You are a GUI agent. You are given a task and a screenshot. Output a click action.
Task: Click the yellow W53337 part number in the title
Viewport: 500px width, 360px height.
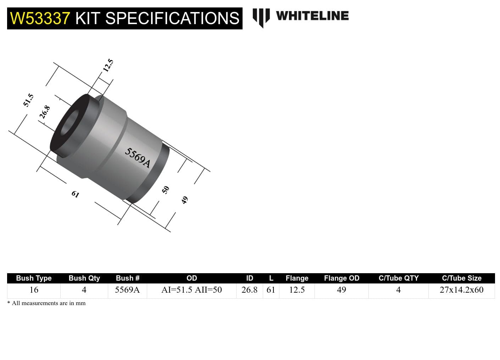pyautogui.click(x=40, y=18)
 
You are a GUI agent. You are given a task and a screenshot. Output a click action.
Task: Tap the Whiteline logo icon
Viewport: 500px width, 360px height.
pyautogui.click(x=261, y=17)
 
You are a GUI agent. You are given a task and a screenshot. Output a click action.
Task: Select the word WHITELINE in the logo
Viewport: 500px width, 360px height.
pyautogui.click(x=312, y=16)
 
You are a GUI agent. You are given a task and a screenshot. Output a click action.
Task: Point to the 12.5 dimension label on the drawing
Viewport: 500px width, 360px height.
pyautogui.click(x=108, y=65)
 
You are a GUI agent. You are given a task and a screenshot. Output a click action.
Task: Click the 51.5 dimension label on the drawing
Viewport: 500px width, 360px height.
pyautogui.click(x=28, y=100)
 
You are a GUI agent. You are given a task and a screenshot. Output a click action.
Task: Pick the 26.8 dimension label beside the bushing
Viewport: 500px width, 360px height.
pyautogui.click(x=45, y=112)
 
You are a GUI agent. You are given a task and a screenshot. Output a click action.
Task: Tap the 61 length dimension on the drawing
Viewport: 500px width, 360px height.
pyautogui.click(x=75, y=194)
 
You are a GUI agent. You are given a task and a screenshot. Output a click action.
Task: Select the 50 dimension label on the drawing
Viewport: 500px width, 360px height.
pyautogui.click(x=166, y=190)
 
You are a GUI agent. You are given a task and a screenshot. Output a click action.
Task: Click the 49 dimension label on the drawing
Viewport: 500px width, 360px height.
pyautogui.click(x=184, y=200)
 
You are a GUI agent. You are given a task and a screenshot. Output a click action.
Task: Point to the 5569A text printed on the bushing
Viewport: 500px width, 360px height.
pyautogui.click(x=138, y=158)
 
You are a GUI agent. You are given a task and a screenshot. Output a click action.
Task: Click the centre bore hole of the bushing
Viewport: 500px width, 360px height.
pyautogui.click(x=70, y=123)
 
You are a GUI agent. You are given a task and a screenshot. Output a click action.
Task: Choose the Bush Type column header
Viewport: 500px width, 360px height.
pyautogui.click(x=34, y=278)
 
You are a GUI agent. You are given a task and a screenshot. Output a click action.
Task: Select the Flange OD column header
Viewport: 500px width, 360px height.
pyautogui.click(x=341, y=278)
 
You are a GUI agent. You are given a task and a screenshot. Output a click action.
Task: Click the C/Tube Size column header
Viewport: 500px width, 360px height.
pyautogui.click(x=461, y=278)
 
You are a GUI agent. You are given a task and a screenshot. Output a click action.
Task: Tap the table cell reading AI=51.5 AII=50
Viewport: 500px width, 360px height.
pyautogui.click(x=191, y=290)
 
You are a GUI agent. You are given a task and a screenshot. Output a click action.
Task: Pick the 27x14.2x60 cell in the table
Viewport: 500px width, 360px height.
pyautogui.click(x=461, y=290)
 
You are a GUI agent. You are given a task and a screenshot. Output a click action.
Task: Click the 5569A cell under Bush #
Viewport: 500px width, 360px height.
pyautogui.click(x=127, y=290)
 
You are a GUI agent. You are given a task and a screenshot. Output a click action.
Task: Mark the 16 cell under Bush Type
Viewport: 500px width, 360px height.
pyautogui.click(x=34, y=290)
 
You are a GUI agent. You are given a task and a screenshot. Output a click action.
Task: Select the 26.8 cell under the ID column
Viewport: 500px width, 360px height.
pyautogui.click(x=249, y=290)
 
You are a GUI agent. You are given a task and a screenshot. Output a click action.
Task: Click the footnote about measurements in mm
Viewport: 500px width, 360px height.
pyautogui.click(x=46, y=303)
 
